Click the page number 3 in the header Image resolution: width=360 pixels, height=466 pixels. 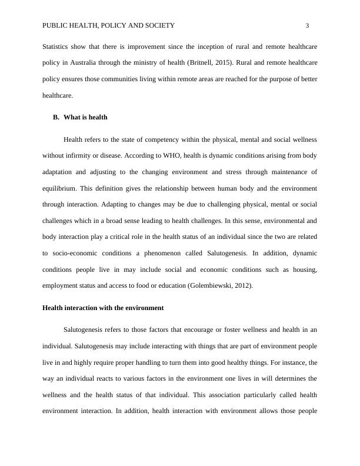click(307, 25)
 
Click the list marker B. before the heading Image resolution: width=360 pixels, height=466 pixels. click(56, 117)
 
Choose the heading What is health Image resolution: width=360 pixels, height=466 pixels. click(85, 117)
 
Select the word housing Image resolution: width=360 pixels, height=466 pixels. click(304, 269)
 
